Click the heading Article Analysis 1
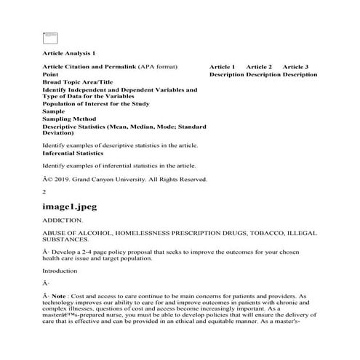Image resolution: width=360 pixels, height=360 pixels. tap(68, 53)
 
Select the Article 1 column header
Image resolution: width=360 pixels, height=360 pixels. tap(222, 67)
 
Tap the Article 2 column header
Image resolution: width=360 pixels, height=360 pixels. tap(259, 67)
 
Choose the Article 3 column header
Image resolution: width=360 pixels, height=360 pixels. tap(295, 67)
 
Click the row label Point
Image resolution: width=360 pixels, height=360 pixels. tap(51, 74)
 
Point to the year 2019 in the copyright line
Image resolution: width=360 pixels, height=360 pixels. tap(61, 179)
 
